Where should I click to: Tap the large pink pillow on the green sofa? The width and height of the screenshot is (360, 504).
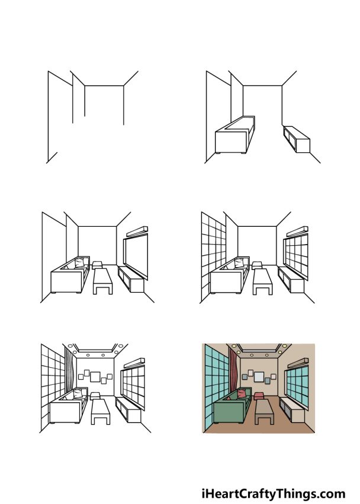242,394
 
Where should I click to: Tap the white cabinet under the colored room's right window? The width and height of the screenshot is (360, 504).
290,408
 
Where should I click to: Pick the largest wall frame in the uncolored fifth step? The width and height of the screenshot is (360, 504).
95,375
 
